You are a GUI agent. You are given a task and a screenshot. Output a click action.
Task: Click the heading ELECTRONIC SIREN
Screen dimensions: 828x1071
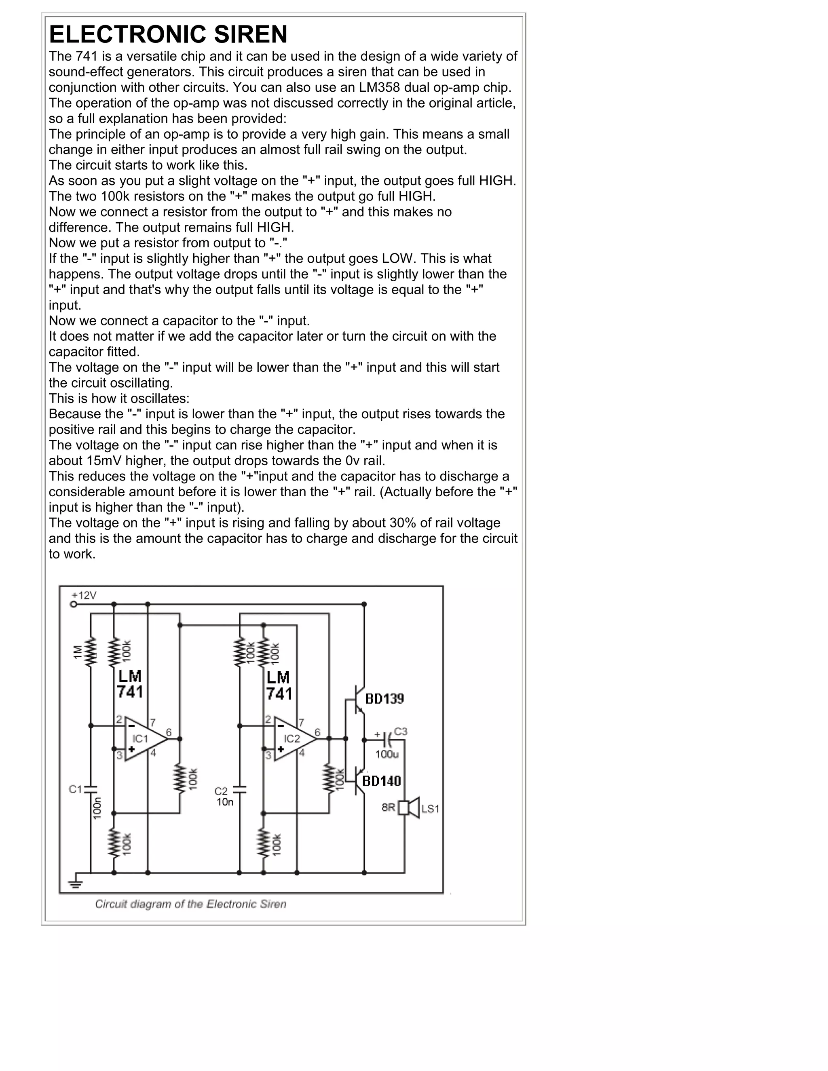(x=168, y=34)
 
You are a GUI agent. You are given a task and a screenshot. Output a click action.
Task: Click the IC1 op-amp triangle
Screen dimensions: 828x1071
(x=144, y=738)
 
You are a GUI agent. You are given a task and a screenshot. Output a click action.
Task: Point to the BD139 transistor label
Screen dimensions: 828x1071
(x=384, y=699)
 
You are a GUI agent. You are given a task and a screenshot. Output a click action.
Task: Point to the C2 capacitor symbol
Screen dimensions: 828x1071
(x=239, y=790)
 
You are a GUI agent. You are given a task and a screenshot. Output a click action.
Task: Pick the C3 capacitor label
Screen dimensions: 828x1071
(x=400, y=731)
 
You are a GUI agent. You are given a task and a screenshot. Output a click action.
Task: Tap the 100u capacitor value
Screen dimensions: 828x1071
(x=387, y=755)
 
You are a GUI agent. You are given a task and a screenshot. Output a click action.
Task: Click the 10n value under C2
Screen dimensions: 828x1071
(x=225, y=803)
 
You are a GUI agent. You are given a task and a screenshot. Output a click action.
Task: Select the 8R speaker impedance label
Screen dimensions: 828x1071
(x=388, y=807)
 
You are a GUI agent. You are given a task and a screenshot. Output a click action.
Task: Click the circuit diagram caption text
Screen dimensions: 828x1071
(x=190, y=904)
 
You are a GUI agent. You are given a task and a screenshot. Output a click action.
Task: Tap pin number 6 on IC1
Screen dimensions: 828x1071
(x=169, y=732)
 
